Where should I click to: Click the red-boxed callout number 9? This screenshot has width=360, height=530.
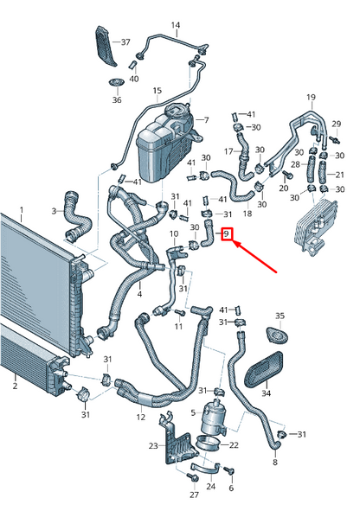coord(228,233)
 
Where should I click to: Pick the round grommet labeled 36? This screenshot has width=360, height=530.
coord(116,84)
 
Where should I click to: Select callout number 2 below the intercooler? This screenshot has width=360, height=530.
coord(14,386)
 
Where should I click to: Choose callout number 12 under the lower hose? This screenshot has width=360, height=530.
coord(141,418)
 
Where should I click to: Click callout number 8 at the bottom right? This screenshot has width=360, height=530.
coord(275,463)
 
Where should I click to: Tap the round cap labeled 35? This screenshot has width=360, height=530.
coord(279,335)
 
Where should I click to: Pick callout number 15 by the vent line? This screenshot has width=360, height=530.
coord(157,90)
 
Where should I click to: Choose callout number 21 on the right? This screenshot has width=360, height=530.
coord(339,174)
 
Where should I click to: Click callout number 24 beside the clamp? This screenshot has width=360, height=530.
coord(210,488)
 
